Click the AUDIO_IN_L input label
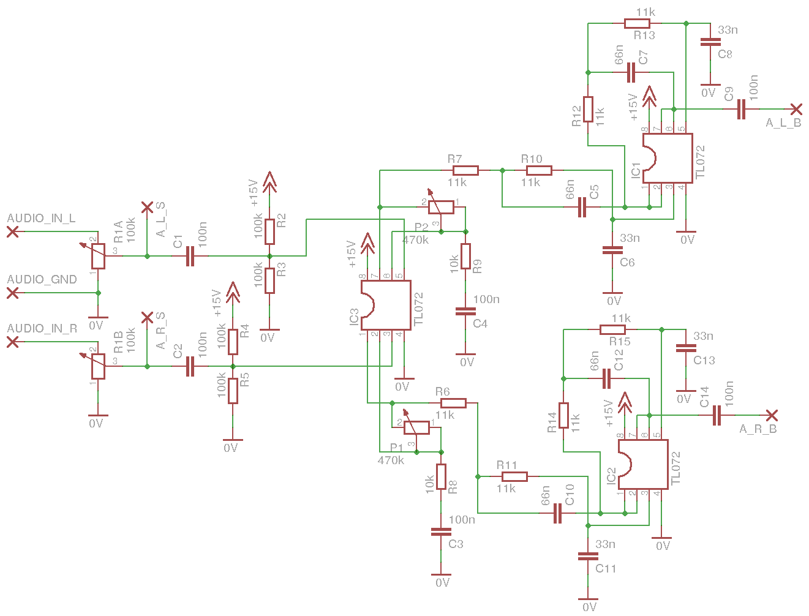[41, 218]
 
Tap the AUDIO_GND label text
[42, 279]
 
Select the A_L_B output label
[783, 122]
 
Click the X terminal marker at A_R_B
[772, 415]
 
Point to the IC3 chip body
[386, 305]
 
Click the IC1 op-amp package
[668, 158]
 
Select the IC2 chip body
[643, 464]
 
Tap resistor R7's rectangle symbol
[465, 170]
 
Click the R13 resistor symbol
[637, 24]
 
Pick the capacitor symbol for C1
[190, 256]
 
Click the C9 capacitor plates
[741, 109]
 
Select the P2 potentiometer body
[441, 207]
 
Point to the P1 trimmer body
[416, 428]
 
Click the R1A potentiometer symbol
[98, 256]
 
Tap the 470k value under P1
[391, 460]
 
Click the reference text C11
[606, 568]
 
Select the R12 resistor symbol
[588, 110]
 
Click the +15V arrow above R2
[269, 182]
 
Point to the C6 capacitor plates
[612, 250]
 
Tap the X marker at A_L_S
[147, 208]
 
